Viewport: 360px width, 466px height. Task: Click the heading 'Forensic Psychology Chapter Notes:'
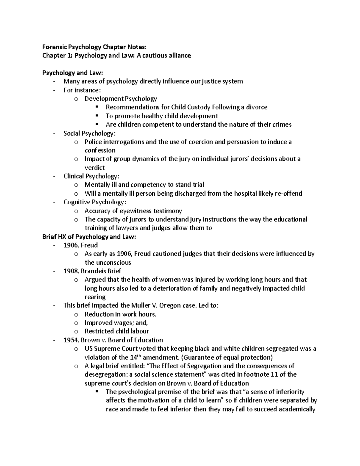coord(94,47)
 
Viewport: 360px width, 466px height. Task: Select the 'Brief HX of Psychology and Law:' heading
coord(89,237)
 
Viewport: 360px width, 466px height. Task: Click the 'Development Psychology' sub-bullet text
coord(121,99)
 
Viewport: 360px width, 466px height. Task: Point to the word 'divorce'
coord(256,107)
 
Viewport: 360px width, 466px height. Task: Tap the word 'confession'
coord(100,150)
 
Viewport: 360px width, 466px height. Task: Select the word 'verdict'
coord(94,168)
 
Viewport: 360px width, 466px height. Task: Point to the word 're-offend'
coord(288,194)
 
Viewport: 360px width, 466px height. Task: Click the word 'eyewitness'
coord(136,211)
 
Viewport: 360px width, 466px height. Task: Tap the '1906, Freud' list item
coord(80,245)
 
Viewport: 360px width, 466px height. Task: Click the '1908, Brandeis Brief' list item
coord(92,271)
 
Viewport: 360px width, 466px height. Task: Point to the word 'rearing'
coord(95,297)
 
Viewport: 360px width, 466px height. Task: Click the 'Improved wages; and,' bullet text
coord(116,323)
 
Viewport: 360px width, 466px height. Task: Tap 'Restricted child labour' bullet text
coord(117,331)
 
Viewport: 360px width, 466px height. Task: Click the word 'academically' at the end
coord(297,409)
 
